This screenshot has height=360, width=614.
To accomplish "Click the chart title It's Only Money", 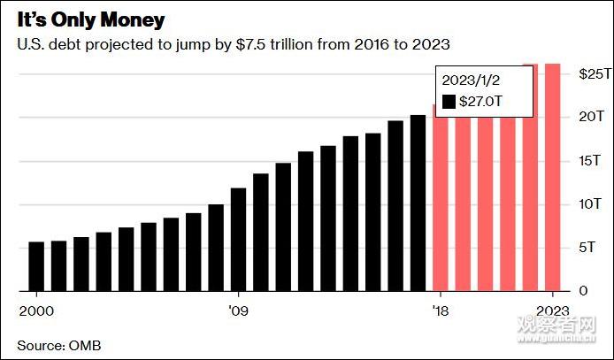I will [84, 19].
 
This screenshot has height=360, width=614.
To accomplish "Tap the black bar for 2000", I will [36, 266].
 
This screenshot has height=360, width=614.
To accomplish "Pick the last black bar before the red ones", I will [418, 203].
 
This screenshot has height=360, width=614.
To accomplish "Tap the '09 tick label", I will [237, 310].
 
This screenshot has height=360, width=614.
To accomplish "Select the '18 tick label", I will [440, 310].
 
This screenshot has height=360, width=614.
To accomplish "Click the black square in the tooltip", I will [449, 102].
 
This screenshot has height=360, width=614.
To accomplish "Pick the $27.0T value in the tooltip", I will [484, 102].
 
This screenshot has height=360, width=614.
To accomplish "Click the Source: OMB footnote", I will [59, 343].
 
